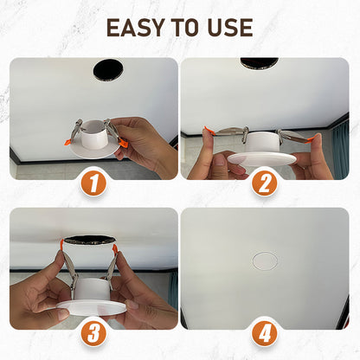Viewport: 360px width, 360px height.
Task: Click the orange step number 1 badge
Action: [93, 183]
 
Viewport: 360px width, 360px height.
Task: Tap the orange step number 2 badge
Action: [266, 183]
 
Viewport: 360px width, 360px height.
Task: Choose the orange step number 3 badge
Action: [93, 333]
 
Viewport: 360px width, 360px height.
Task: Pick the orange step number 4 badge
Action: [266, 333]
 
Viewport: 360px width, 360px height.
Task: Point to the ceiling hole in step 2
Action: [259, 64]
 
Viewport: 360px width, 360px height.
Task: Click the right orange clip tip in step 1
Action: [122, 143]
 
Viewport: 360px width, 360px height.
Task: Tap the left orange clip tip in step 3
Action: [61, 243]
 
